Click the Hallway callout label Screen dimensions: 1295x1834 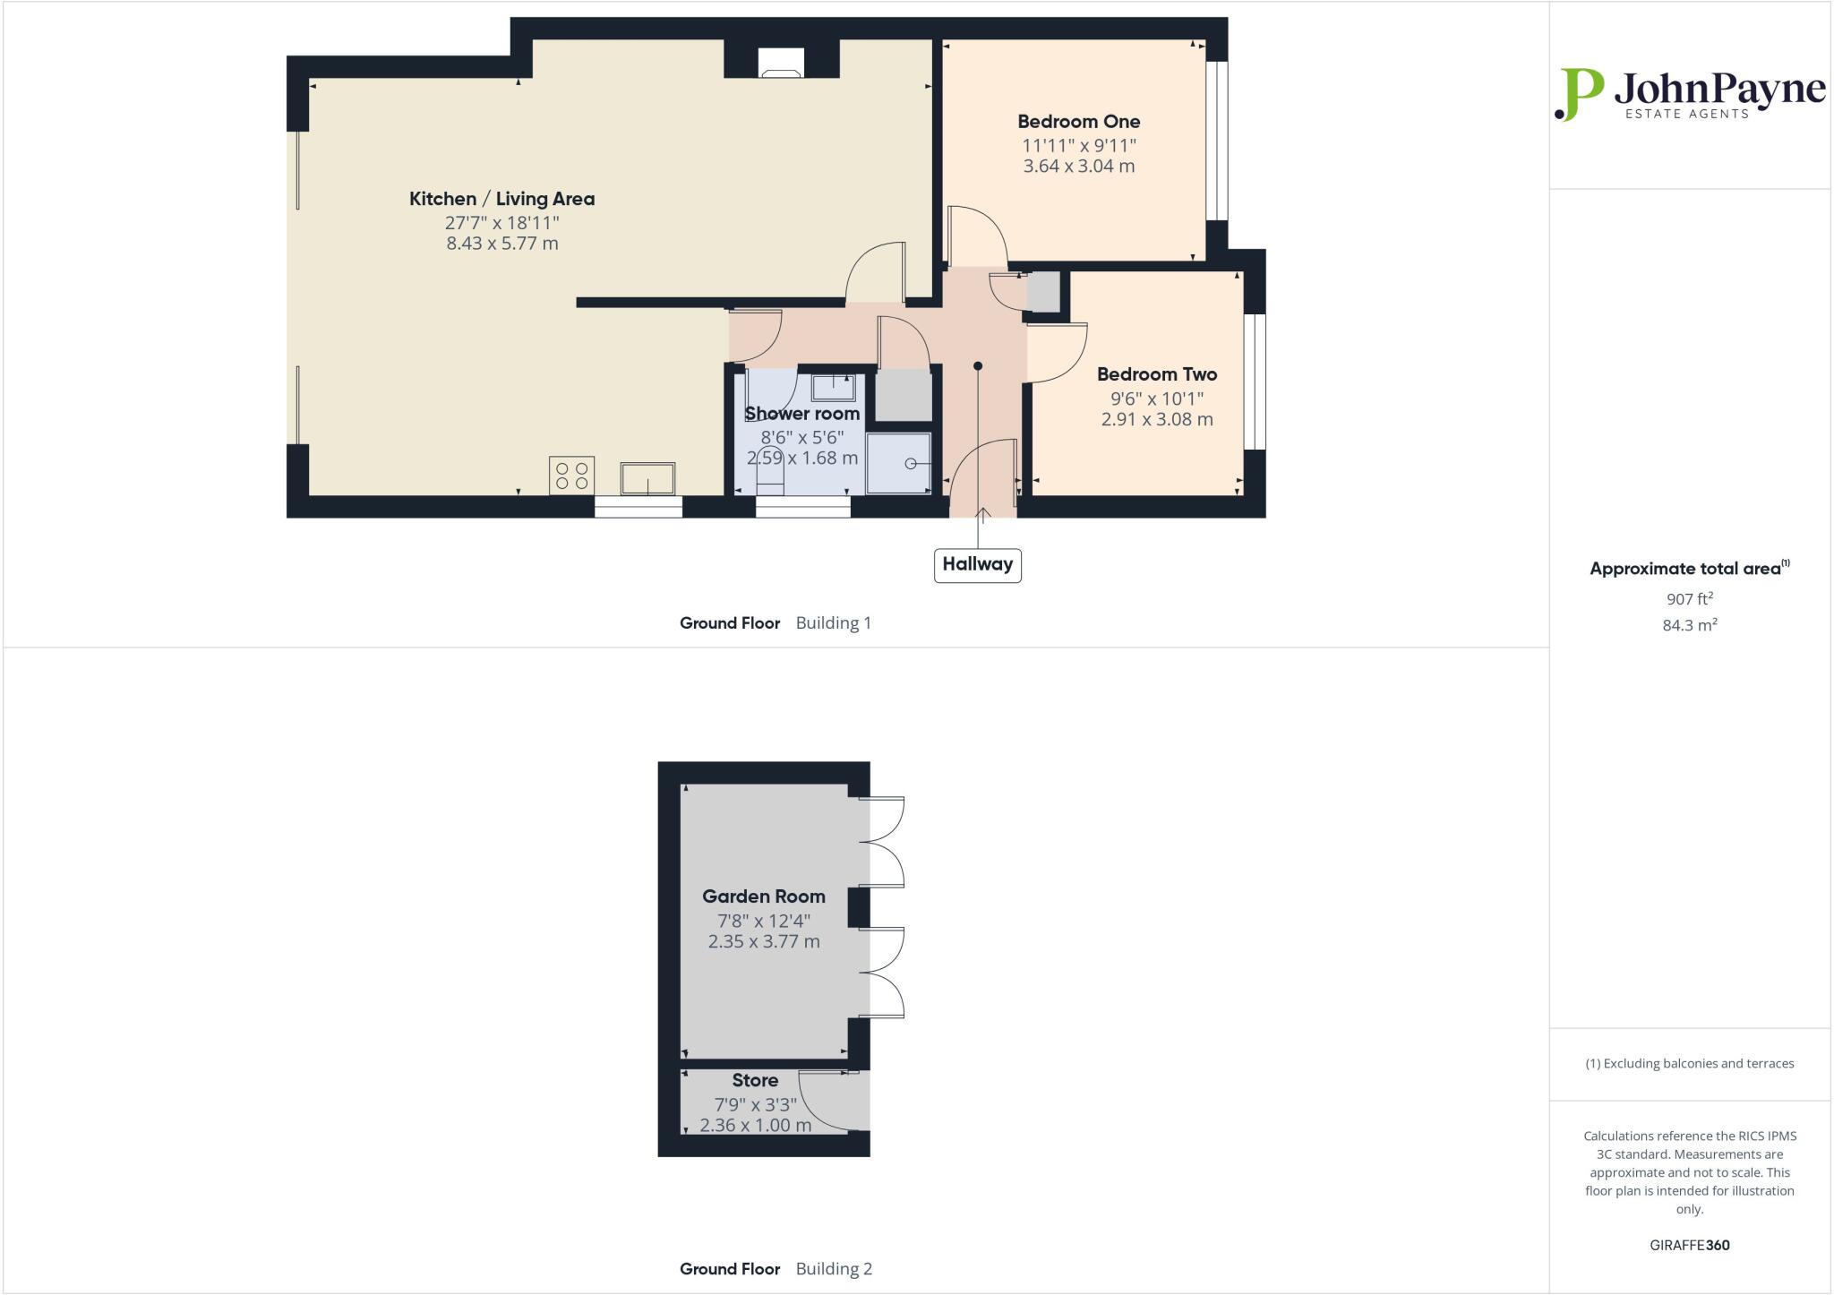[x=977, y=565]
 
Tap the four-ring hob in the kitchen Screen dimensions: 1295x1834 [x=571, y=476]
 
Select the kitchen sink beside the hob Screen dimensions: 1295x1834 [x=647, y=477]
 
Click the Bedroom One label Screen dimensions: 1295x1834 [x=1078, y=122]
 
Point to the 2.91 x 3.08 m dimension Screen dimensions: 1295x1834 [x=1156, y=419]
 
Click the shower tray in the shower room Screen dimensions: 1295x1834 [x=898, y=463]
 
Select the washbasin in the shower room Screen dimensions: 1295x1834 [x=833, y=388]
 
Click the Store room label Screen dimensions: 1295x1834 [x=754, y=1080]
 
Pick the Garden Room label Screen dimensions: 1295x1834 [x=763, y=896]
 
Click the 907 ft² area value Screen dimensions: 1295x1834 [x=1689, y=599]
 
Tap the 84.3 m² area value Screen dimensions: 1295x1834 [x=1689, y=626]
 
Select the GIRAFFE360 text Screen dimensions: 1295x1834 [x=1689, y=1245]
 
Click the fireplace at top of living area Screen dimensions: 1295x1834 [x=781, y=63]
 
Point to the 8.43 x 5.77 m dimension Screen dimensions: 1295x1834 [x=501, y=244]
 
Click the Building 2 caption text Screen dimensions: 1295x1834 [x=833, y=1269]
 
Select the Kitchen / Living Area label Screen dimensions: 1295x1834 [x=501, y=199]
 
